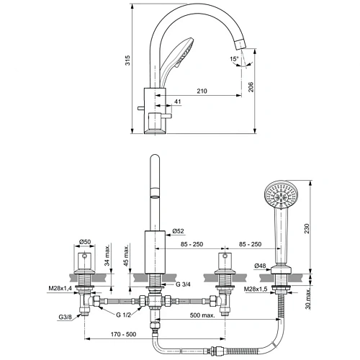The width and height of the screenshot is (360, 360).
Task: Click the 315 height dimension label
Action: pyautogui.click(x=127, y=63)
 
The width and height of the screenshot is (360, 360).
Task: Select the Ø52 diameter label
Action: pyautogui.click(x=179, y=231)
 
